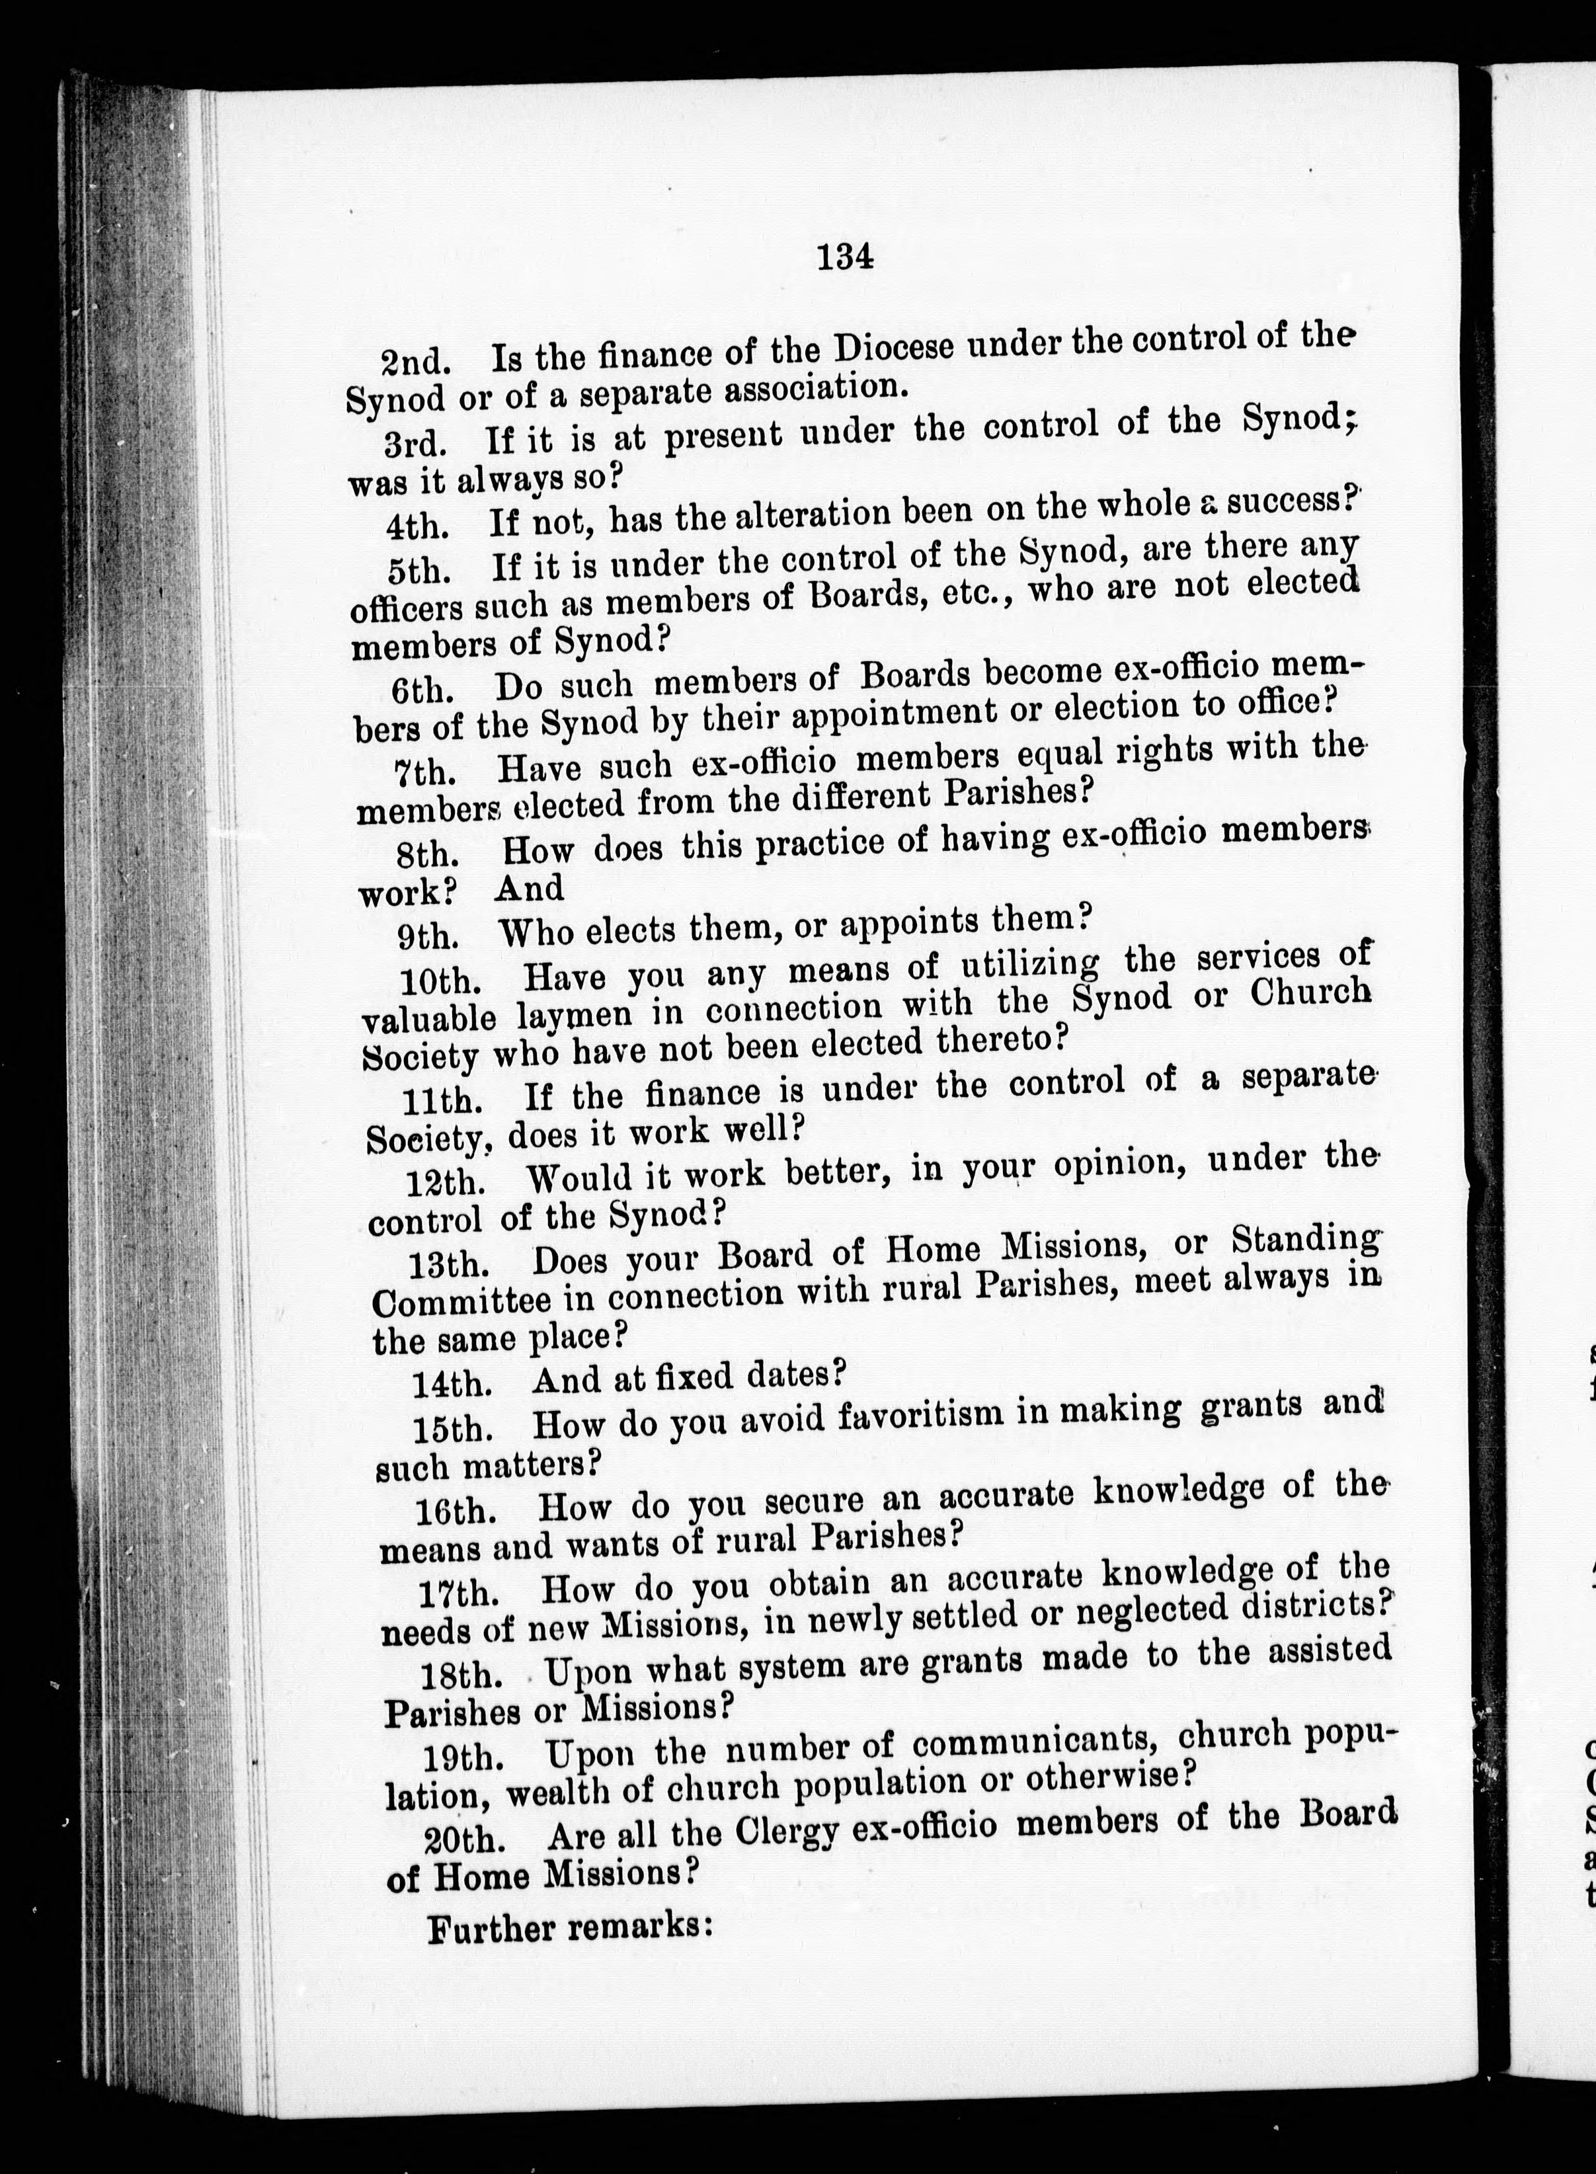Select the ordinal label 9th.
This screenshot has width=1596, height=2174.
(x=426, y=934)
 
